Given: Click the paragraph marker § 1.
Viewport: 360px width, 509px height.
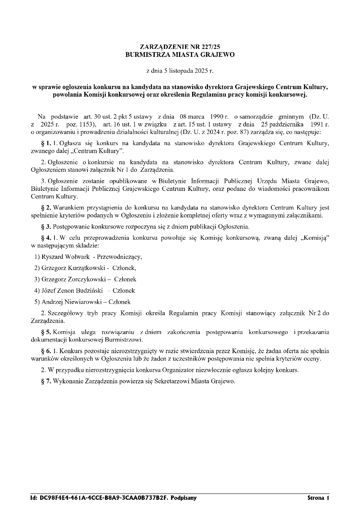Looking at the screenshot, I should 46,143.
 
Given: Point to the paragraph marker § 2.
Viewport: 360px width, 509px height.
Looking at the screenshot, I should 46,208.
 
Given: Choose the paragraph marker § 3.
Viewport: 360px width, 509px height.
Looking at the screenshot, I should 46,227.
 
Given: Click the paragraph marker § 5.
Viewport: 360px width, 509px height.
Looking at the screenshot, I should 46,332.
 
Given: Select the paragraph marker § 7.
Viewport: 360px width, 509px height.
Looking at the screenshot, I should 46,381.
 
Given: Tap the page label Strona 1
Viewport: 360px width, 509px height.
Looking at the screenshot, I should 318,498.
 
